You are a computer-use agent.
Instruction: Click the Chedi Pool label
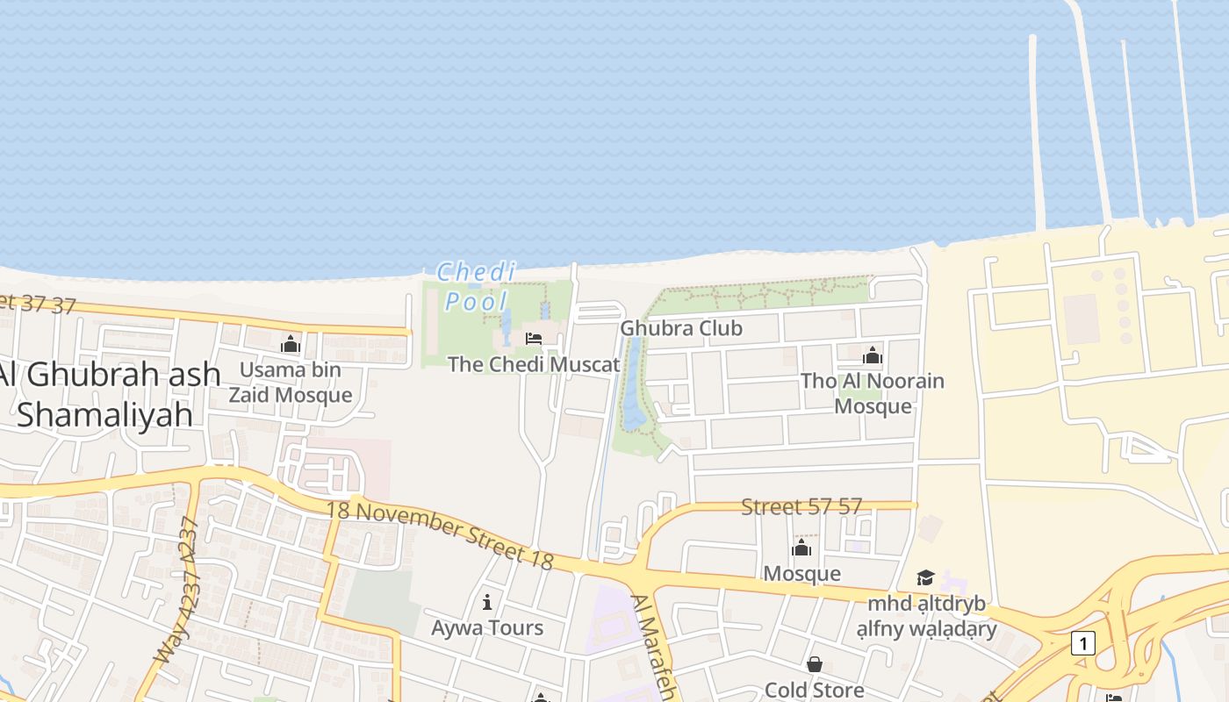pyautogui.click(x=477, y=287)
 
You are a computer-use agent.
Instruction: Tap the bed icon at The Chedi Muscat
pyautogui.click(x=533, y=339)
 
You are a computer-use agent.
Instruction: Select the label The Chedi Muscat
pyautogui.click(x=534, y=364)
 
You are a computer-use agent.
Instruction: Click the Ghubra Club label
pyautogui.click(x=681, y=328)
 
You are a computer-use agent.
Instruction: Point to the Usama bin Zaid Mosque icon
pyautogui.click(x=291, y=344)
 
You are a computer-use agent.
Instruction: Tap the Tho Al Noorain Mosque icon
pyautogui.click(x=873, y=355)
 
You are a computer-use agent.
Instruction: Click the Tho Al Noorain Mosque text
pyautogui.click(x=873, y=394)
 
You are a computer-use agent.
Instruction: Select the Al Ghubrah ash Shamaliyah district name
pyautogui.click(x=109, y=394)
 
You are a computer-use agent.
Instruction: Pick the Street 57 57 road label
pyautogui.click(x=801, y=506)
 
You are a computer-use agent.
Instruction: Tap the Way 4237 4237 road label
pyautogui.click(x=176, y=591)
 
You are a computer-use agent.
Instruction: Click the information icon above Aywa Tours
pyautogui.click(x=487, y=602)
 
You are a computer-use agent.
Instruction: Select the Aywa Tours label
pyautogui.click(x=487, y=628)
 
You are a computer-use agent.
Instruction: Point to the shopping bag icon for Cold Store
pyautogui.click(x=815, y=664)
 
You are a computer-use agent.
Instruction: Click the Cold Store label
pyautogui.click(x=815, y=690)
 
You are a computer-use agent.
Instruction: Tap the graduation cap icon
pyautogui.click(x=925, y=577)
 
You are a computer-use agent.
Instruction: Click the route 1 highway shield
pyautogui.click(x=1083, y=643)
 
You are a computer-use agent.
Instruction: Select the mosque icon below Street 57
pyautogui.click(x=801, y=548)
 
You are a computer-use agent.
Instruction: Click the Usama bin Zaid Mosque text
pyautogui.click(x=291, y=383)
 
